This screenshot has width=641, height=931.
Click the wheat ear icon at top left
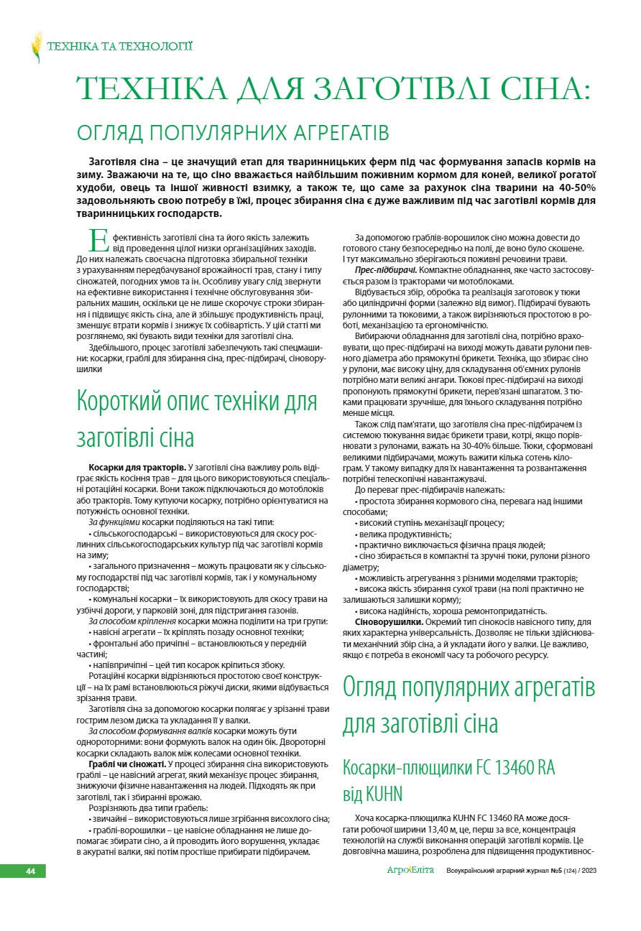36,47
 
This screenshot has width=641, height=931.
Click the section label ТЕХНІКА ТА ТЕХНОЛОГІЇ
120,47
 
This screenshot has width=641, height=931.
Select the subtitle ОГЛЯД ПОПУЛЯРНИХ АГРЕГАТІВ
233,133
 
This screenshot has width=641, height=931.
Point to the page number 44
31,871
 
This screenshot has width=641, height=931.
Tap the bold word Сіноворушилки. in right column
389,621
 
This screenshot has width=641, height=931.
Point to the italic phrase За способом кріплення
132,620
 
